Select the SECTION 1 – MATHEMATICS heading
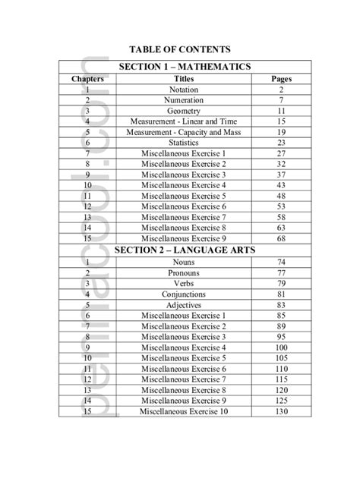[x=184, y=67]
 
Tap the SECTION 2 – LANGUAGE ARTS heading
[x=184, y=249]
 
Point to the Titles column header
[x=184, y=79]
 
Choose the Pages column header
[x=281, y=79]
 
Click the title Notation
[x=184, y=90]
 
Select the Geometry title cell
[x=184, y=111]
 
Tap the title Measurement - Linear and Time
[x=184, y=121]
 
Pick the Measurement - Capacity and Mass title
[x=184, y=132]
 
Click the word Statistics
[x=184, y=143]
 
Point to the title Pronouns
[x=184, y=272]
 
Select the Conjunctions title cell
[x=184, y=294]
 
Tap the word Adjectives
[x=184, y=304]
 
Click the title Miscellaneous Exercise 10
[x=184, y=411]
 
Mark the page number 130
[x=281, y=411]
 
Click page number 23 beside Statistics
[x=281, y=143]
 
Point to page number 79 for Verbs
[x=281, y=283]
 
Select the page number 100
[x=281, y=347]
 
